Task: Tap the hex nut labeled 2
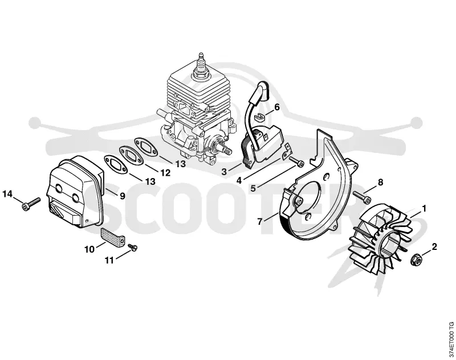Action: (x=414, y=259)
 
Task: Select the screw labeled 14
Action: (x=31, y=204)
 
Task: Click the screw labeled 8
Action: (x=363, y=196)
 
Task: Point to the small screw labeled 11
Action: (x=133, y=247)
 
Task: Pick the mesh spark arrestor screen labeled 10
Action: (x=113, y=236)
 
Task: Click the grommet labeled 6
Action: (x=259, y=118)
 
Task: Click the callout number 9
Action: (x=123, y=196)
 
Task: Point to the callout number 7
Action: (x=260, y=221)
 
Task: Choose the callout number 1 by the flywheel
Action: (x=424, y=208)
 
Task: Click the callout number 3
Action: (x=224, y=171)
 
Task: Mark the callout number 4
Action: (x=239, y=180)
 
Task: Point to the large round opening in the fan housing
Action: (x=309, y=196)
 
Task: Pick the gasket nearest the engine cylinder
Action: (x=146, y=147)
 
